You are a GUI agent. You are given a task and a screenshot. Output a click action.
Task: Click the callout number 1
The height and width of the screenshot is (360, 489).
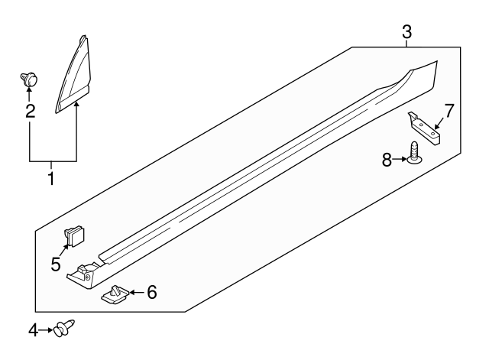[51, 178]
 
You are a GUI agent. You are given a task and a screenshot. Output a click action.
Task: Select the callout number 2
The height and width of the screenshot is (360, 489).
[31, 111]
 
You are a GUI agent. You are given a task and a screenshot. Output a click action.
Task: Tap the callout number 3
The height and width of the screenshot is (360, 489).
[406, 32]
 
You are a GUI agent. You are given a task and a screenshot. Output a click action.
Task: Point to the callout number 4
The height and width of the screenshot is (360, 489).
[33, 330]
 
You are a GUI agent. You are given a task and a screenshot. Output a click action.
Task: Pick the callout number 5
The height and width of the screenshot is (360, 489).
[56, 264]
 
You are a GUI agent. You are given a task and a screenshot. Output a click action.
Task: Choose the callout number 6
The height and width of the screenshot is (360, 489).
[151, 292]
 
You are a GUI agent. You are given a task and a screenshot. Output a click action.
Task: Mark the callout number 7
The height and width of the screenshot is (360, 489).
[449, 111]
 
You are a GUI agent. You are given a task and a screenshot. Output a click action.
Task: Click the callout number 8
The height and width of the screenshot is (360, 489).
[387, 160]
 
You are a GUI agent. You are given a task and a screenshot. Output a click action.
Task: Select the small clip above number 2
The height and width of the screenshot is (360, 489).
[29, 79]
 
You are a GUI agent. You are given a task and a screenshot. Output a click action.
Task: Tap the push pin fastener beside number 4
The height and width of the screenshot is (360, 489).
[64, 328]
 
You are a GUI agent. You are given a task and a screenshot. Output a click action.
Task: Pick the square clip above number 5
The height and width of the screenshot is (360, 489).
[75, 236]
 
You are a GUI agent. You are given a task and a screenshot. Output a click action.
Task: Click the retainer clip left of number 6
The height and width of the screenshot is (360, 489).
[115, 294]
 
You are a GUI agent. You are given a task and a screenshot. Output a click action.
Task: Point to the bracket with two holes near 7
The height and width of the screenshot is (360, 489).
[424, 128]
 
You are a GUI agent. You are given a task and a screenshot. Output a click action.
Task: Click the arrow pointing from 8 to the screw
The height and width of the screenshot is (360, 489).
[400, 160]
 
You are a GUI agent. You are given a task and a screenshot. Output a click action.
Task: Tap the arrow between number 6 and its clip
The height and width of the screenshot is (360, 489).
[137, 292]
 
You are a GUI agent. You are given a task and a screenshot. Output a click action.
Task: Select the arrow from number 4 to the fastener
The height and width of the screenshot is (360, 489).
[46, 330]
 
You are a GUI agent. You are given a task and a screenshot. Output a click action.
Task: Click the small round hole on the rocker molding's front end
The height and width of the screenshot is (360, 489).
[88, 277]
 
